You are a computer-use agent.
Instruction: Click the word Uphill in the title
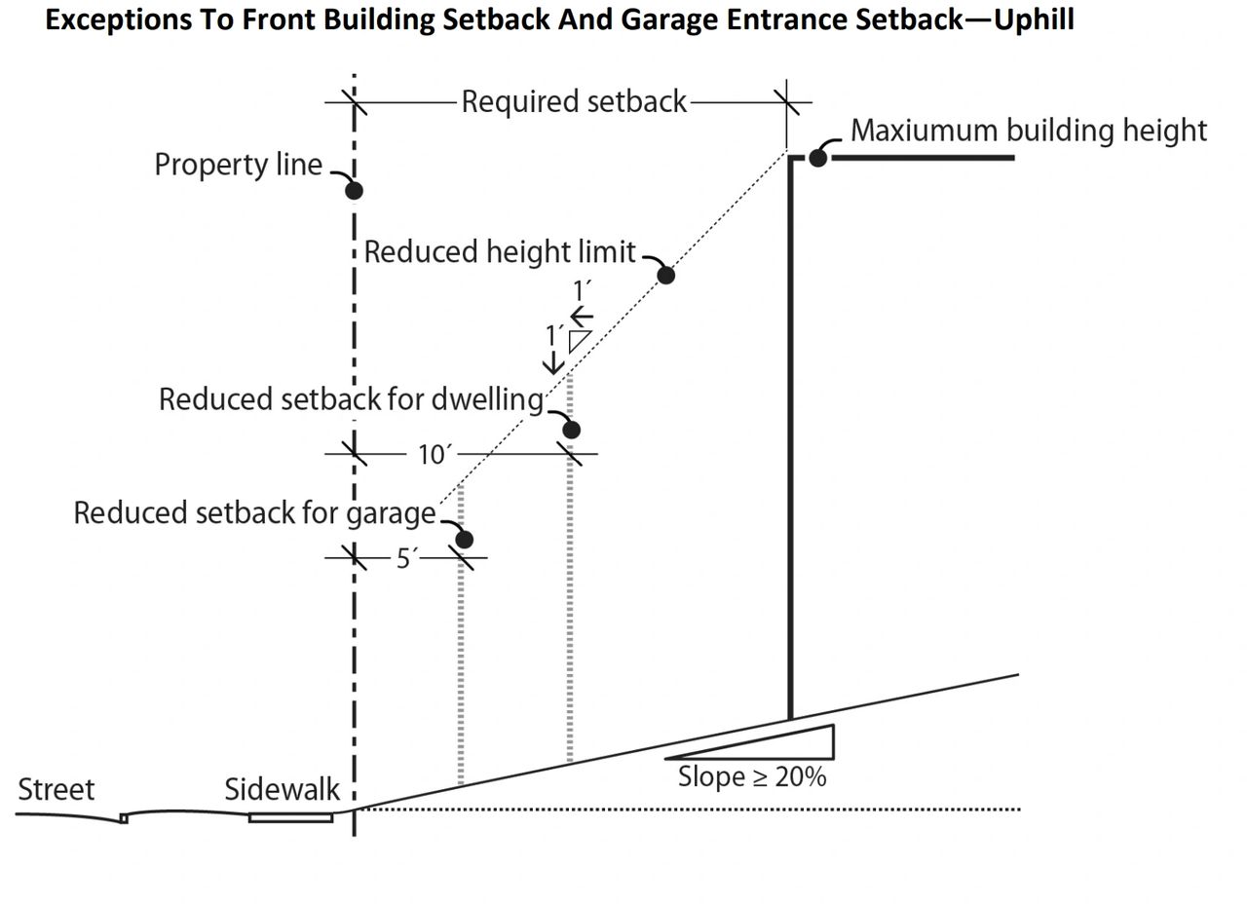1034,20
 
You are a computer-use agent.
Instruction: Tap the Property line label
239,165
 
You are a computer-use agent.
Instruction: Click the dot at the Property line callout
354,191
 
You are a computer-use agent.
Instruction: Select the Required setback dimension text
574,102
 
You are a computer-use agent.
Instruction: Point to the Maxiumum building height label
1029,132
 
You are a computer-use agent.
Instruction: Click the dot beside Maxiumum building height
817,158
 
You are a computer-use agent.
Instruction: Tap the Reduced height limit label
500,251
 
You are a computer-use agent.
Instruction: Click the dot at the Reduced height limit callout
665,275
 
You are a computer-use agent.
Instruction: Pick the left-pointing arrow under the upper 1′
582,317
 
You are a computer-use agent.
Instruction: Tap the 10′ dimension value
432,455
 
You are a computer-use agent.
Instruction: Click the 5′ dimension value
406,558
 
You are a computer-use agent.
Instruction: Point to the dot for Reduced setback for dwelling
571,430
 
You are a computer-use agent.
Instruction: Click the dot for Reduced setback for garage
465,540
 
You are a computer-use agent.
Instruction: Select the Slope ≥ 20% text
752,776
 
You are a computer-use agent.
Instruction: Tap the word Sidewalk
282,789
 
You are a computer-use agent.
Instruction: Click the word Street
57,789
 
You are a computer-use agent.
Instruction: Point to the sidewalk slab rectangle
290,817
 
